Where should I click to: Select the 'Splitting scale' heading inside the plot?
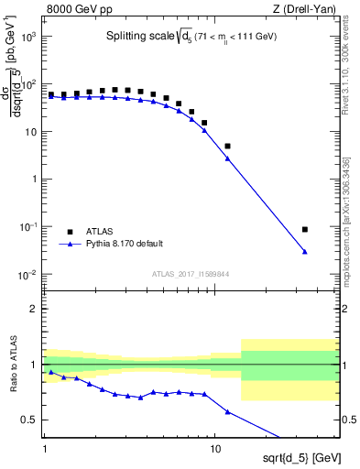(137, 37)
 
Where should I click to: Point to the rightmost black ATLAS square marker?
(305, 229)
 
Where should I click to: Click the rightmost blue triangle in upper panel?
(305, 251)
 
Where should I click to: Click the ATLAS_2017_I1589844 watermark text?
(190, 273)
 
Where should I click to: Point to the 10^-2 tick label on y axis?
(27, 275)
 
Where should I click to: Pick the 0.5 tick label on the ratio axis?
(29, 420)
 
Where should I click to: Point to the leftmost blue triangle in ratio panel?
(51, 372)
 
